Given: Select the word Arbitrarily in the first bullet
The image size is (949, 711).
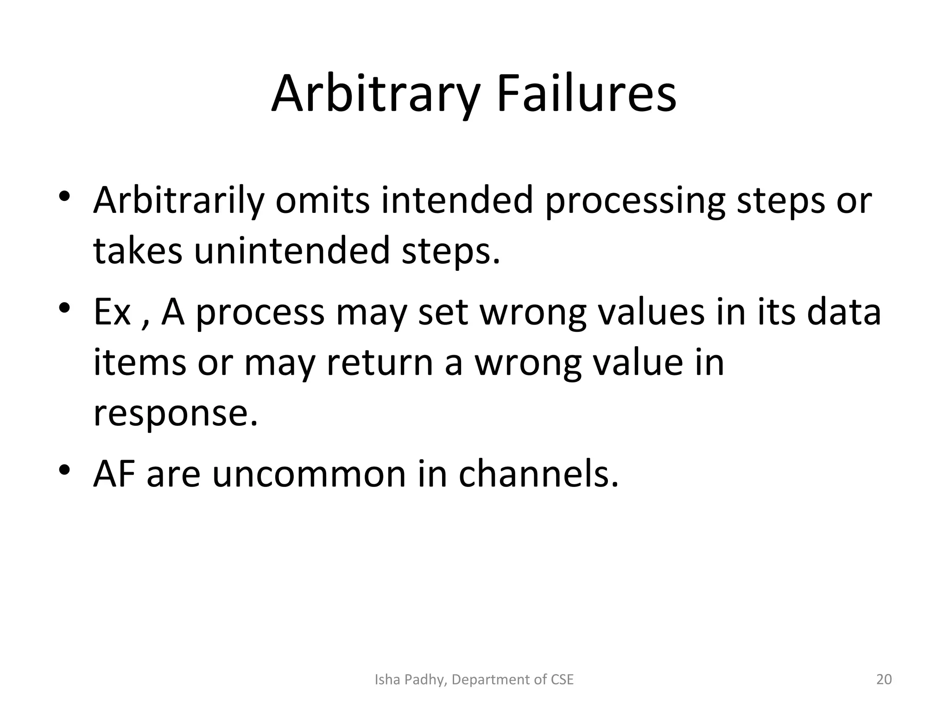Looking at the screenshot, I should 178,201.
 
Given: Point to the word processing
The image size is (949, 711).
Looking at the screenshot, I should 634,201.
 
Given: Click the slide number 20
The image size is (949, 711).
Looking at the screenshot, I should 884,680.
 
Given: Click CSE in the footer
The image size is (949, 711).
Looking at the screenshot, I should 562,680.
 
